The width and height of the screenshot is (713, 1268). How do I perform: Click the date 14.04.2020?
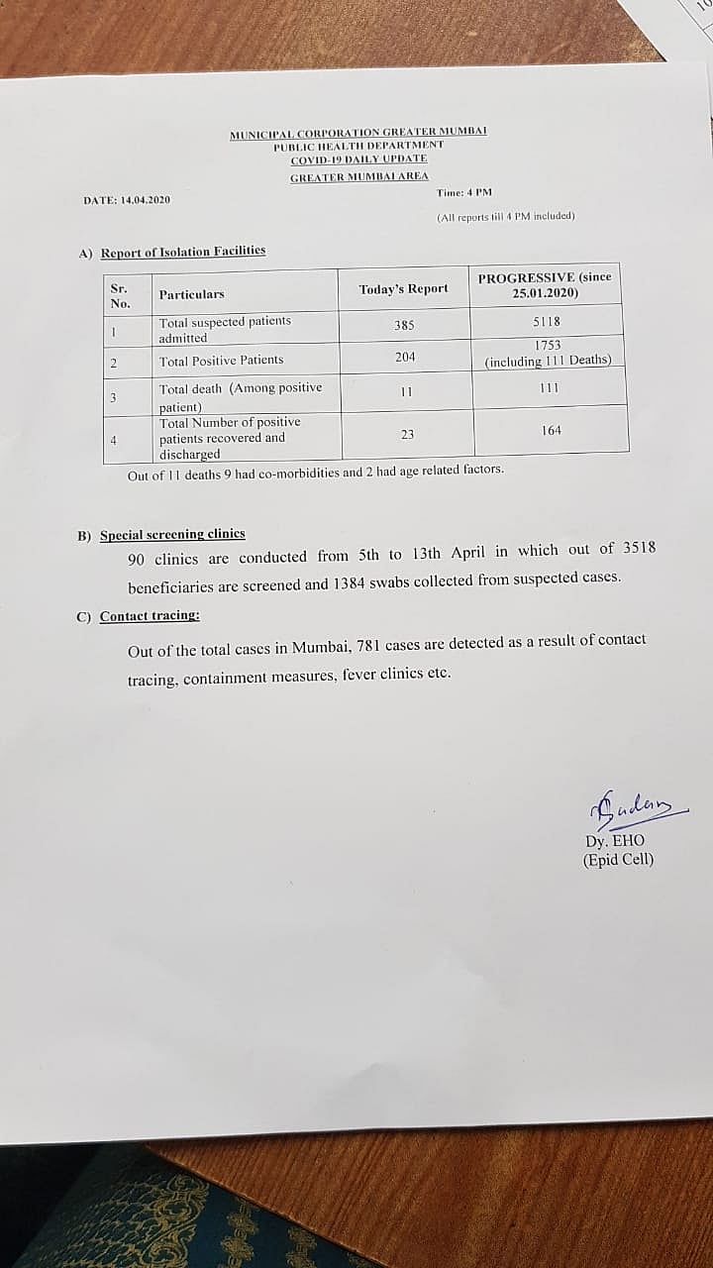tap(146, 200)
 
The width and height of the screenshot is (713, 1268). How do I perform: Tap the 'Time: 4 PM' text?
tap(464, 192)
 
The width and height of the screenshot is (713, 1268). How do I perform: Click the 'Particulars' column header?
tap(191, 294)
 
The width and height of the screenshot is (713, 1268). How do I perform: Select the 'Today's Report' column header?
tap(403, 289)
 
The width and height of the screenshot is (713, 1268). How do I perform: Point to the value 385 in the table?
tap(404, 325)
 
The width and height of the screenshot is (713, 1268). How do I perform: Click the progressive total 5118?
tap(547, 322)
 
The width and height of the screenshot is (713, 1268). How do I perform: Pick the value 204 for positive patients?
tap(405, 357)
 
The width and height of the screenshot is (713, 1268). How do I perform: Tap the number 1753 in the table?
tap(548, 345)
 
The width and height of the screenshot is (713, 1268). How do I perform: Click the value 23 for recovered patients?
tap(407, 433)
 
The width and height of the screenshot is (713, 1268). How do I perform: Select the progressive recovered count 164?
tap(552, 430)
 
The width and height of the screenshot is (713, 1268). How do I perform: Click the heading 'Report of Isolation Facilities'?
tap(183, 252)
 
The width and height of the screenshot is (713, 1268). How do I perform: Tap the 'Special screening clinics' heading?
tap(172, 534)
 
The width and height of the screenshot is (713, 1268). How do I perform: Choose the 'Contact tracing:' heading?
tap(150, 616)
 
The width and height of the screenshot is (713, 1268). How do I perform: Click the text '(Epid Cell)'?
tap(619, 860)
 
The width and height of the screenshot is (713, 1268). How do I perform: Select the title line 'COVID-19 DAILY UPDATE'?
tap(358, 159)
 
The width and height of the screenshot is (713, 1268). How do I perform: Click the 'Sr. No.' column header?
tap(120, 295)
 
